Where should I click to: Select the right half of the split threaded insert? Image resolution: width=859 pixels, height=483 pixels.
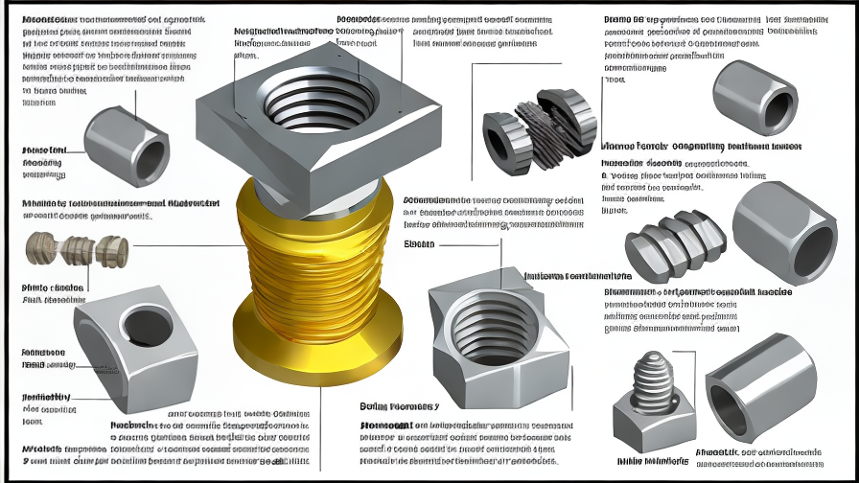(x=571, y=120)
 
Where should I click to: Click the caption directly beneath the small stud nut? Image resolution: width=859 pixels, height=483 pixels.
(x=652, y=461)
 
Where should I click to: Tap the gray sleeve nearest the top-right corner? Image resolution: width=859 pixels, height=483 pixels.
(x=755, y=98)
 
